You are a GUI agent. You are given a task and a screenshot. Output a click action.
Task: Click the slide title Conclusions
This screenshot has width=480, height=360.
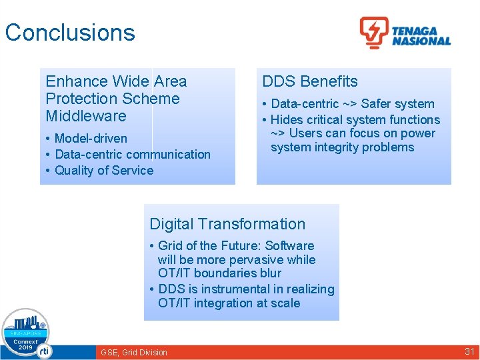coord(70,33)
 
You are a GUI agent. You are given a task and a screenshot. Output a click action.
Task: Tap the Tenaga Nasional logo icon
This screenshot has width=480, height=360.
coord(374,32)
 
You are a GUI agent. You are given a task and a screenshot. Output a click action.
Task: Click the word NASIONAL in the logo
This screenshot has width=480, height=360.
coord(421,41)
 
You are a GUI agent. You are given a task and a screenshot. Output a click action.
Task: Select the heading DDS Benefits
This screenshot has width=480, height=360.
coord(310,81)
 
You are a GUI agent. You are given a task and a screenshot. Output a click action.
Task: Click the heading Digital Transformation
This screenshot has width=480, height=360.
coord(227,224)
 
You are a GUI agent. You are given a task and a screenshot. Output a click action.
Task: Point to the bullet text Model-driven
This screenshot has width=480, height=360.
coord(91,138)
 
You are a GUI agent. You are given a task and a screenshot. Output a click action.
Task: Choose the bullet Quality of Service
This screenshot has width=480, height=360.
coord(104,170)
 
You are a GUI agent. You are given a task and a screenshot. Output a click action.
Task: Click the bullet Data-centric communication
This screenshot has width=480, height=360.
coord(133,154)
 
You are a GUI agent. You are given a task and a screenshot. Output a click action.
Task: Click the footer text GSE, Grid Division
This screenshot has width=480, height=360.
coord(133,352)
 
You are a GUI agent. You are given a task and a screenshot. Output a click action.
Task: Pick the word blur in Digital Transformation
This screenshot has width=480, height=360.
coord(269,273)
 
